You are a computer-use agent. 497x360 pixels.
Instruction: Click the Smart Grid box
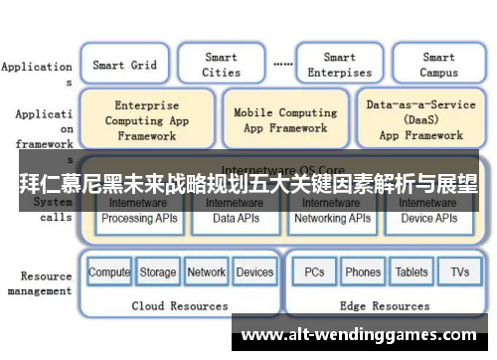[124, 66]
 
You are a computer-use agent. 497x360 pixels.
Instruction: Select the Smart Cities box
[221, 66]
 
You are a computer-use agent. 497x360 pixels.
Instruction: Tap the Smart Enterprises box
[339, 66]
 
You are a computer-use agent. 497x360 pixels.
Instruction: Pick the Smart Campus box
[438, 66]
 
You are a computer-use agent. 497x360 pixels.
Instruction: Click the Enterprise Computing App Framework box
[146, 120]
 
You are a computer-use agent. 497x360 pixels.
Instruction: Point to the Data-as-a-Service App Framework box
[420, 120]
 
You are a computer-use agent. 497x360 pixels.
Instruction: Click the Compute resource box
[109, 272]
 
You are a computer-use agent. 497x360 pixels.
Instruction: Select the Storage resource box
[157, 272]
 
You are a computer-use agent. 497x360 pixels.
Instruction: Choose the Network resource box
[206, 272]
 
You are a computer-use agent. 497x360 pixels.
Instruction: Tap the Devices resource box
[254, 272]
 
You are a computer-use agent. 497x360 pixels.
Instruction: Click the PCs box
[314, 272]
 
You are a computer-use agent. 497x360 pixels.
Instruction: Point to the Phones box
[363, 272]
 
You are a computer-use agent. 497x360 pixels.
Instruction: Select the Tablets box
[412, 272]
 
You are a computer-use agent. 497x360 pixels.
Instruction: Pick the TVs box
[459, 272]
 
